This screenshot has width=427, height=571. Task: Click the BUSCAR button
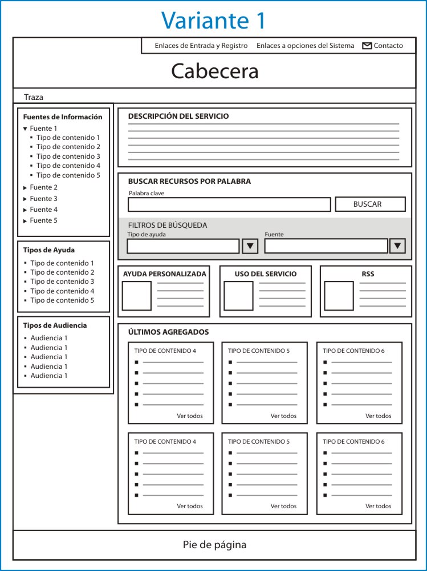click(x=370, y=204)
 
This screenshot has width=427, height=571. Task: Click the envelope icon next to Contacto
click(x=367, y=46)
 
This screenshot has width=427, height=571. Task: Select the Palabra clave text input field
click(x=229, y=204)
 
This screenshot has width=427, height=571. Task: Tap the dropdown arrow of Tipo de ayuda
click(x=250, y=246)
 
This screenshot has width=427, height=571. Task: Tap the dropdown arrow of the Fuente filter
click(x=397, y=246)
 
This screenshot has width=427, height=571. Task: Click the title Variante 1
click(x=213, y=20)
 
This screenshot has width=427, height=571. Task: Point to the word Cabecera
click(x=214, y=71)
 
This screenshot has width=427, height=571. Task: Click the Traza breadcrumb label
click(x=34, y=97)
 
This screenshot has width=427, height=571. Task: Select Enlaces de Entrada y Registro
click(x=201, y=46)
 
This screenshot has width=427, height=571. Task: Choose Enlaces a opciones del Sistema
click(x=305, y=46)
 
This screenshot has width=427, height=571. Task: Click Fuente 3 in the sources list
click(x=43, y=199)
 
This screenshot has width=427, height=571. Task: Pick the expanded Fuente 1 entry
click(x=43, y=128)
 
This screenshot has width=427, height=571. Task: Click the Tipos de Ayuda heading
click(x=49, y=250)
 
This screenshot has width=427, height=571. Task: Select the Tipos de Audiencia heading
click(x=55, y=325)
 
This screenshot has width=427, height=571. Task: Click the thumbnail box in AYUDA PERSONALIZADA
click(x=137, y=296)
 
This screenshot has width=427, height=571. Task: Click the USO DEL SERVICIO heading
click(x=266, y=274)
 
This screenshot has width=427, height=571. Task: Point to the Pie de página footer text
click(x=214, y=545)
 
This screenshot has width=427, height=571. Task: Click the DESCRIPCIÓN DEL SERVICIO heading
click(x=178, y=116)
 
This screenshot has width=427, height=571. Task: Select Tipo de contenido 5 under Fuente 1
click(x=68, y=175)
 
